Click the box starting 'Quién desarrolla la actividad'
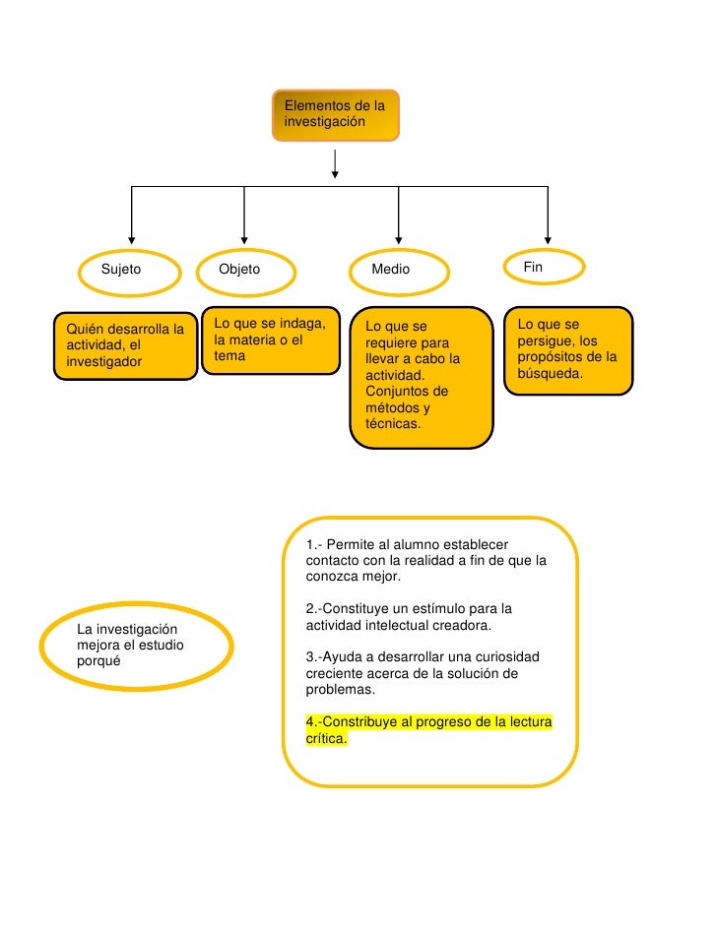click(125, 345)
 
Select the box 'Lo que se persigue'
click(567, 351)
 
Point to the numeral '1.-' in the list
click(314, 544)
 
